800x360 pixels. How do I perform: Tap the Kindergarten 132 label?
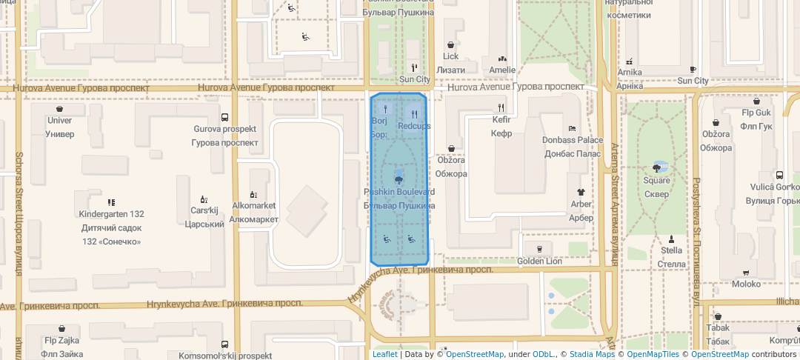[111, 214]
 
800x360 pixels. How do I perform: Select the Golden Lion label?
[540, 261]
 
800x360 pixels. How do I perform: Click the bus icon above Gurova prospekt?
[224, 117]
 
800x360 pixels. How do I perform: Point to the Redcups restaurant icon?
[414, 114]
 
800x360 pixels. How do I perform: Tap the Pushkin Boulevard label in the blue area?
[399, 192]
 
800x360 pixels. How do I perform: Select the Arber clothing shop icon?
[581, 191]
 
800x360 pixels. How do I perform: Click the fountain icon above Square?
[656, 167]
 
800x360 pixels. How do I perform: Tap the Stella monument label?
[671, 250]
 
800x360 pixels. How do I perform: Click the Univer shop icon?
[60, 108]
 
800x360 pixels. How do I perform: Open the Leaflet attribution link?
[384, 354]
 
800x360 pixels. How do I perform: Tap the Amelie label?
[502, 70]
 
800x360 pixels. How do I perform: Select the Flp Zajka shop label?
[61, 341]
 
